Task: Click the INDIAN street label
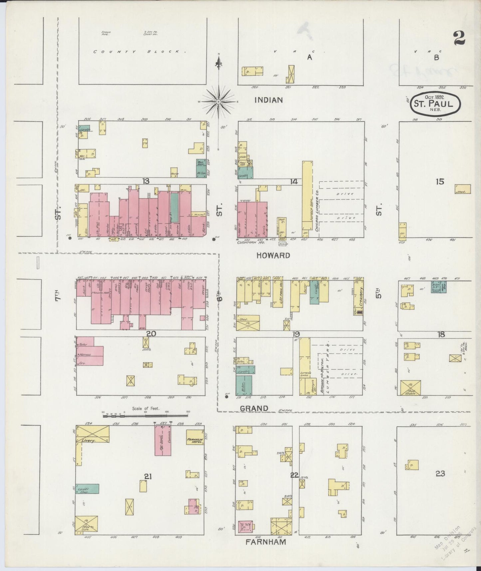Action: (268, 100)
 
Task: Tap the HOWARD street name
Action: (273, 256)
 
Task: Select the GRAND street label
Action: (254, 408)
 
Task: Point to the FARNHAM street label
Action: (266, 542)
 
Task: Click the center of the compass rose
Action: (218, 101)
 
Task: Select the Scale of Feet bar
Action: (145, 415)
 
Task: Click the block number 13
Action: (145, 181)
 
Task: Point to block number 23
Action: (440, 473)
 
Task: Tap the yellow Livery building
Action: (92, 434)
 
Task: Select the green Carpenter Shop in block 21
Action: (87, 489)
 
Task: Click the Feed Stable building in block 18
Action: (410, 388)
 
